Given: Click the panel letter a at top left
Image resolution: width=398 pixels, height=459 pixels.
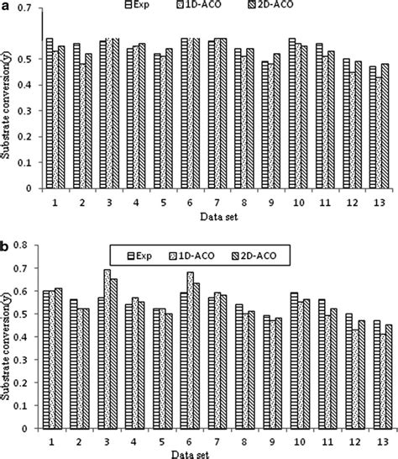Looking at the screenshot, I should (5, 6).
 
